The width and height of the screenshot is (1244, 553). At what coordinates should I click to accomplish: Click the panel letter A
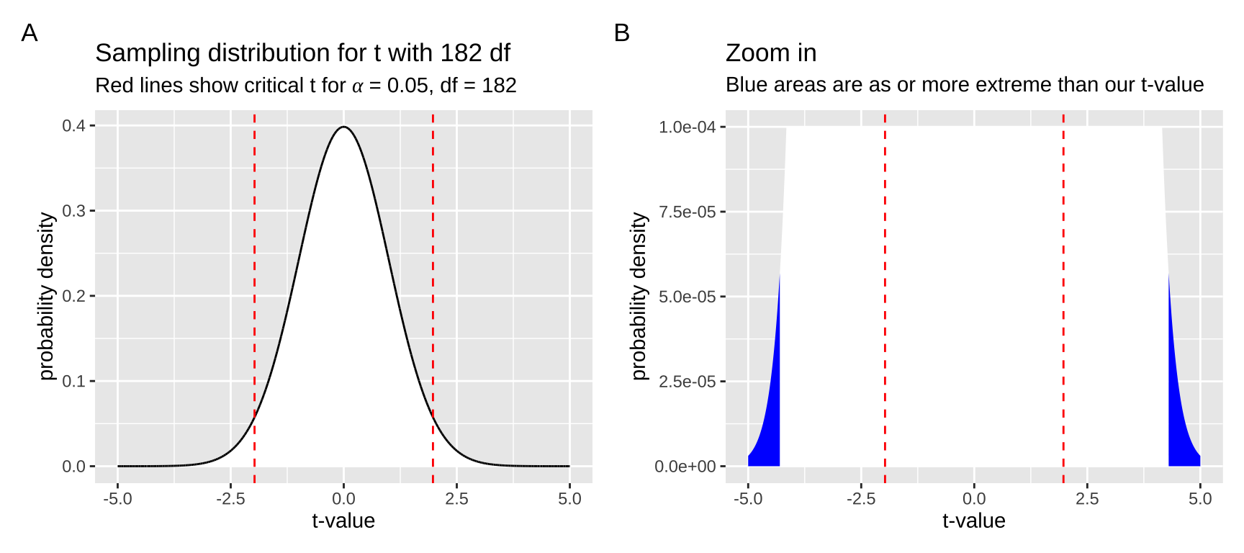30,33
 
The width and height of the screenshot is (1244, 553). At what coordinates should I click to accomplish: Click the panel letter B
622,33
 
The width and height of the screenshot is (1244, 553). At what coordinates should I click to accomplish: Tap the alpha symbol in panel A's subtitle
358,86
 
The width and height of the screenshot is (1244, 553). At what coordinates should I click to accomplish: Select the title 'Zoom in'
770,53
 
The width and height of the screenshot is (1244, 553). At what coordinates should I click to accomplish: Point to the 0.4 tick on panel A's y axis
73,126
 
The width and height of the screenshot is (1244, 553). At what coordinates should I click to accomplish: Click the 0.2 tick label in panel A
73,296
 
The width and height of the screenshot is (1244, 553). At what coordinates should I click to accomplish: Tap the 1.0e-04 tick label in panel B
687,127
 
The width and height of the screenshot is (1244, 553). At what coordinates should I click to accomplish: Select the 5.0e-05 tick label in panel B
687,297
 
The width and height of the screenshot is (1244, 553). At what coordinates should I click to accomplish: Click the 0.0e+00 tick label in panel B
685,467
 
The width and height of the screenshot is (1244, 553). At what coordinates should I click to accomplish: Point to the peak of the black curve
344,127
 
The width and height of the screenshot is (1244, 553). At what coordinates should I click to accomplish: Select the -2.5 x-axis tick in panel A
230,498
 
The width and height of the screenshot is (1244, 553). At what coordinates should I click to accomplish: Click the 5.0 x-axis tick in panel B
1200,498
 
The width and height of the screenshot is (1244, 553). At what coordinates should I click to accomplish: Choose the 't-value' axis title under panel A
343,521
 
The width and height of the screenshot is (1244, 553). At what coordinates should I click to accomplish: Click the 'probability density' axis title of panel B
639,296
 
